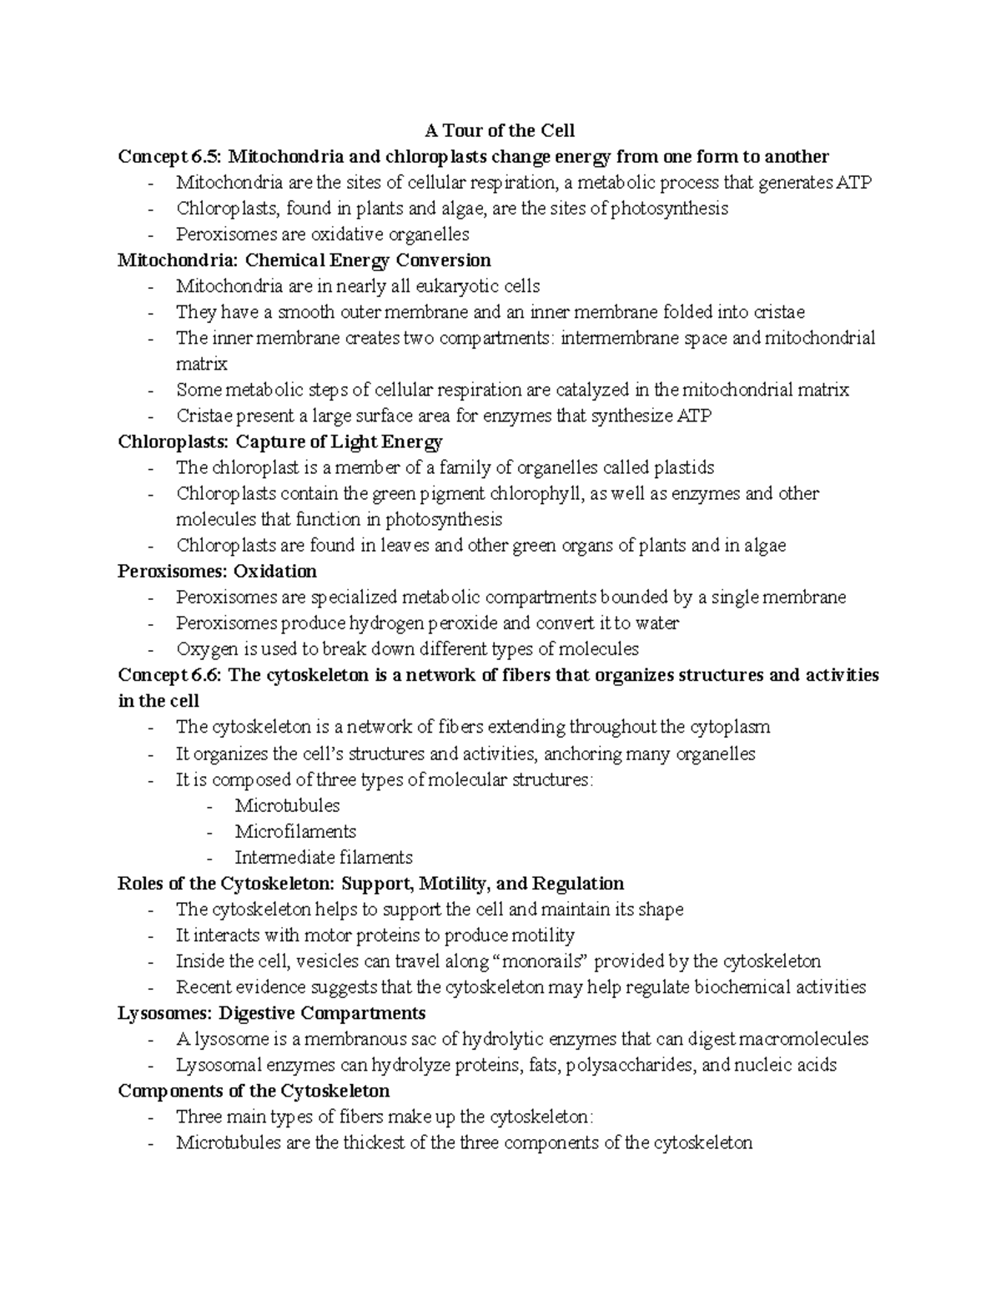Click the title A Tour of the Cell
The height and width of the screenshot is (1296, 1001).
point(500,131)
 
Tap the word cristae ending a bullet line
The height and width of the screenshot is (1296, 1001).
point(779,312)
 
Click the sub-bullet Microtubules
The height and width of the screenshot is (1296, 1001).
point(287,805)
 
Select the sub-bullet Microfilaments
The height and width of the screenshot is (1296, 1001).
point(295,831)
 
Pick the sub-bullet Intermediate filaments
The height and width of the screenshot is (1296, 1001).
point(323,857)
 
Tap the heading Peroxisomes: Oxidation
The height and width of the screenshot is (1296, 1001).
point(217,572)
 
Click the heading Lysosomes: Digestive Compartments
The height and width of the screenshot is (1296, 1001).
point(272,1013)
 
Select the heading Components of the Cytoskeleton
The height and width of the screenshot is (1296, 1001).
point(254,1091)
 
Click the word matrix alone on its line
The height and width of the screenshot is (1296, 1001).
point(201,364)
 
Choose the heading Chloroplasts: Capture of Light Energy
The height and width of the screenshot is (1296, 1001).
point(280,441)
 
